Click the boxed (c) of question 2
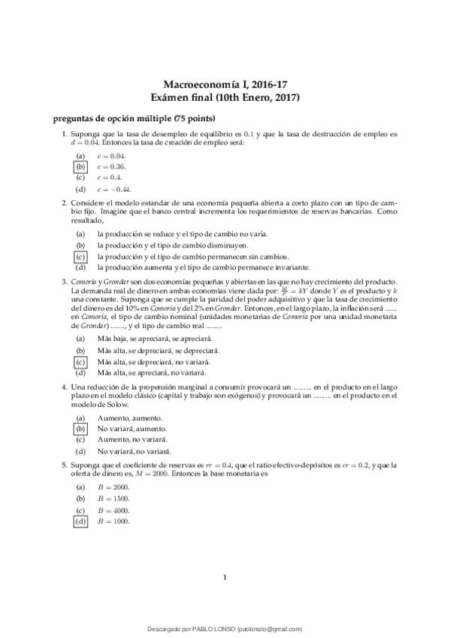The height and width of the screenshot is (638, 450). point(80,256)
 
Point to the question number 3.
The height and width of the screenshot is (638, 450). point(65,281)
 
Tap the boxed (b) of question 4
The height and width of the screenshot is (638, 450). point(80,428)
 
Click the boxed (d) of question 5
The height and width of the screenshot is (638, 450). point(80,521)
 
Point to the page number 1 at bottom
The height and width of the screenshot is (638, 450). point(225,577)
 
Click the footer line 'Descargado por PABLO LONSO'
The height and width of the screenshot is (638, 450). point(225,629)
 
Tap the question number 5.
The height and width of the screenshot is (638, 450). point(65,466)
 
